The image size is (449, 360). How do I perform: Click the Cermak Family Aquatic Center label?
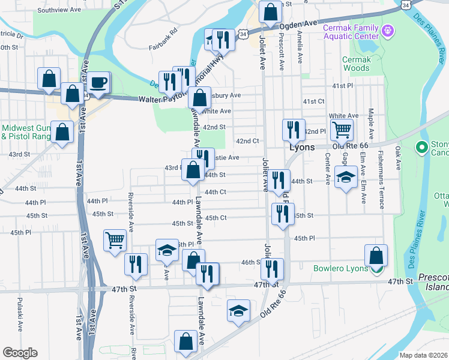point(352,32)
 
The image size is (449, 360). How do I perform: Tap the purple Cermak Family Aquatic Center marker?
point(388,29)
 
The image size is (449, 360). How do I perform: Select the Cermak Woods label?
point(356,64)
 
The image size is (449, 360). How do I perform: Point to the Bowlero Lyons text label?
point(340,268)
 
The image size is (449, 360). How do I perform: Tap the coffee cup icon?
point(99,82)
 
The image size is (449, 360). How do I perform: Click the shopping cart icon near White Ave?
point(341,128)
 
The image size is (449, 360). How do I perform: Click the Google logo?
point(20,353)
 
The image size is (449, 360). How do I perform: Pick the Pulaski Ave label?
point(20,315)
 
